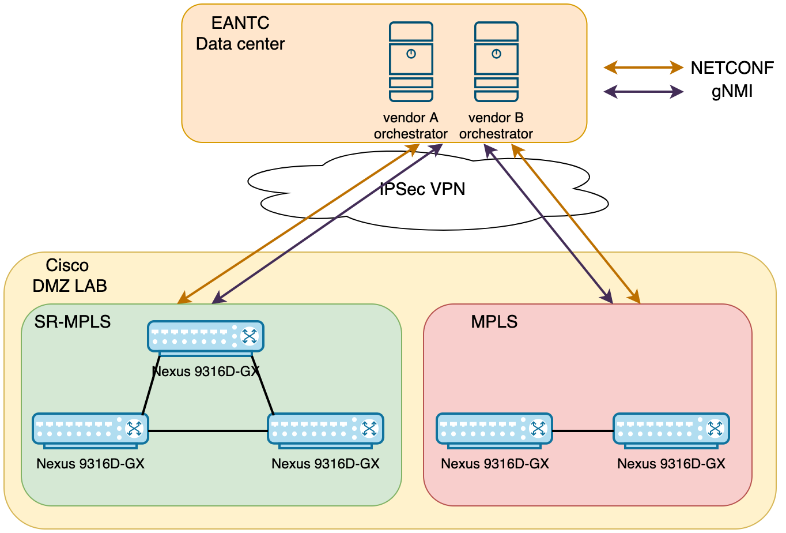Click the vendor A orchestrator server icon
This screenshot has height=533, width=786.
[410, 62]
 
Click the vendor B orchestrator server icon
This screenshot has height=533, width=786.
[496, 62]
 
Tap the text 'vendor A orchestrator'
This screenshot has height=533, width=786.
[410, 126]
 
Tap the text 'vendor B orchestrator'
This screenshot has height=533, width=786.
[496, 126]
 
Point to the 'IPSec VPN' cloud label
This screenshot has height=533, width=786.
[422, 189]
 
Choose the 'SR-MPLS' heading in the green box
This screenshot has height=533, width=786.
[73, 321]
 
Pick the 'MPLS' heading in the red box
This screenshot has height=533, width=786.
[494, 321]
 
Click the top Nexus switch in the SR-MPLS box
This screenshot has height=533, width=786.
[206, 336]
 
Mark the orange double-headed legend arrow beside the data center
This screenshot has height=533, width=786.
[643, 68]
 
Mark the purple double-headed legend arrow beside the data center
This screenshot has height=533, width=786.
[643, 91]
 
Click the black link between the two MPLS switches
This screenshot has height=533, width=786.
[583, 430]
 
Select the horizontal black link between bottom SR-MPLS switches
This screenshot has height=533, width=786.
[207, 430]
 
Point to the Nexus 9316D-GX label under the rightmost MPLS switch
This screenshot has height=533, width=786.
[671, 464]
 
